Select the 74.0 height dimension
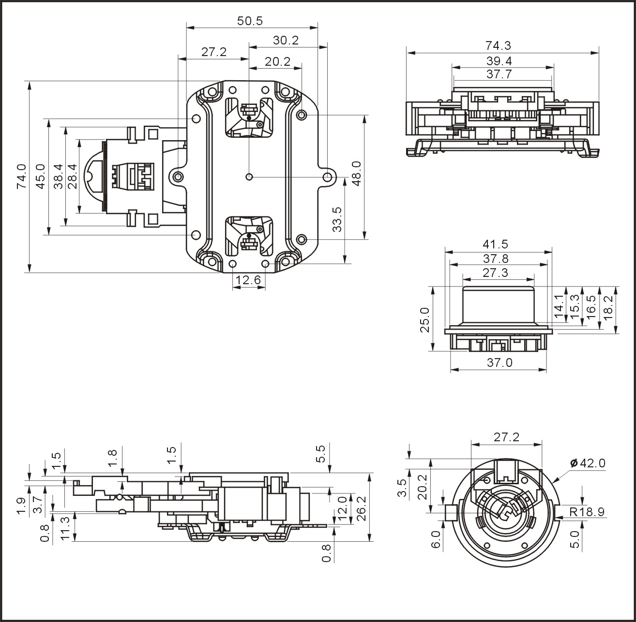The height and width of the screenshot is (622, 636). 21,176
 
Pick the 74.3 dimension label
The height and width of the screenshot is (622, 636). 498,46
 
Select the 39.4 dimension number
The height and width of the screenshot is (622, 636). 499,61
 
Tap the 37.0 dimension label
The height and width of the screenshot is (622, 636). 499,362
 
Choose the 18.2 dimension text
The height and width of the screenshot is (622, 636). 608,305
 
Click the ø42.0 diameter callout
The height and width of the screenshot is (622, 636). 588,463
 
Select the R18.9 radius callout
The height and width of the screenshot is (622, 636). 587,512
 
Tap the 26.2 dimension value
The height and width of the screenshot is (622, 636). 360,509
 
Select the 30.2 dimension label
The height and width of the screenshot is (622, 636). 286,41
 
